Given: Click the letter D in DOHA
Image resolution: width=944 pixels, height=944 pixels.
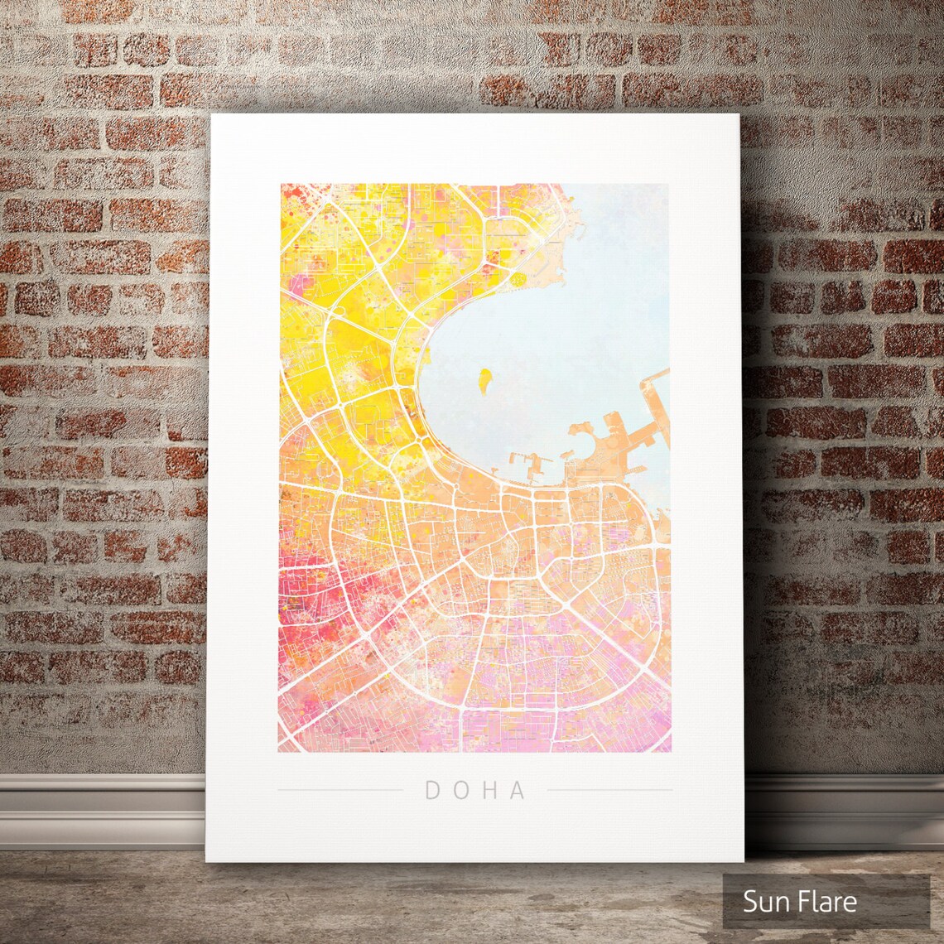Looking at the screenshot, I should (432, 791).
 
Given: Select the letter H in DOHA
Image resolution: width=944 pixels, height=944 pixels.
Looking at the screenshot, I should (489, 791).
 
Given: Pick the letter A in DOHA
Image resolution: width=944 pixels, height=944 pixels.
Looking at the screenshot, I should (518, 791).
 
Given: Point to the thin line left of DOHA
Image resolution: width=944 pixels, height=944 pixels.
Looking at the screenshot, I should (340, 790).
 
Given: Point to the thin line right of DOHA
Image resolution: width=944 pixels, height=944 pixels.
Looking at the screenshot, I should (609, 790).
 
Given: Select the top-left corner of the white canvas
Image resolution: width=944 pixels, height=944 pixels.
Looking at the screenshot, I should (211, 115).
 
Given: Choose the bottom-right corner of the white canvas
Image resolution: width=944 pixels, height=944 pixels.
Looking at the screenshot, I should (743, 861).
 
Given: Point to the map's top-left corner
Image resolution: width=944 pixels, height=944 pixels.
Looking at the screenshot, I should (281, 185).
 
